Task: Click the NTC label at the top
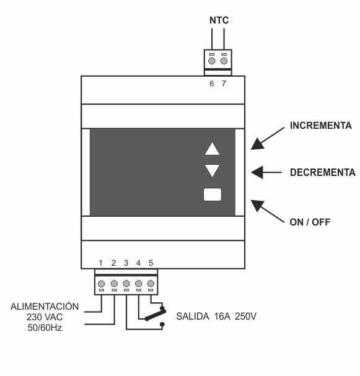(x=219, y=20)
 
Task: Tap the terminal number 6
(x=211, y=84)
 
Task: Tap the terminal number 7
(x=224, y=84)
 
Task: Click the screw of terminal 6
(x=211, y=61)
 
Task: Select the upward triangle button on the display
(x=213, y=149)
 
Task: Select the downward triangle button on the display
(x=213, y=170)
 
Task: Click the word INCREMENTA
(x=321, y=126)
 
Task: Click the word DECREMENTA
(x=323, y=172)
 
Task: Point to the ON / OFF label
(x=310, y=222)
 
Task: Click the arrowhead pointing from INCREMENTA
(x=258, y=144)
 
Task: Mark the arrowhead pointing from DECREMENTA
(x=257, y=172)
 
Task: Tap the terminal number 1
(x=101, y=263)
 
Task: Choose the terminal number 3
(x=126, y=263)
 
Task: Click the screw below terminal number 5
(x=151, y=284)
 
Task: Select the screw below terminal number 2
(x=114, y=284)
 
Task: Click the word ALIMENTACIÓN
(x=45, y=306)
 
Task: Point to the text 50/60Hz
(x=45, y=328)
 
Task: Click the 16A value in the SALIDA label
(x=222, y=317)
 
